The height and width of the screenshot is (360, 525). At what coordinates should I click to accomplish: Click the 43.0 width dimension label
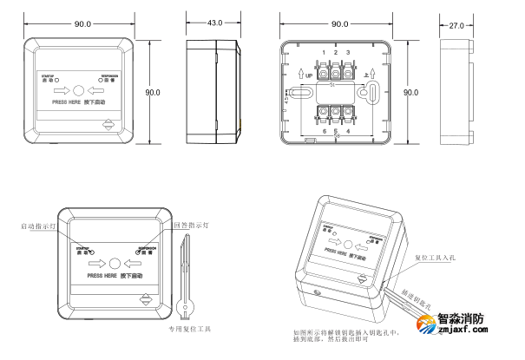coord(213,23)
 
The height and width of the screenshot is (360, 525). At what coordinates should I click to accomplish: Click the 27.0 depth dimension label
coord(455,25)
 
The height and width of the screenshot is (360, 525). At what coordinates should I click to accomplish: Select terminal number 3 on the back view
coord(348,53)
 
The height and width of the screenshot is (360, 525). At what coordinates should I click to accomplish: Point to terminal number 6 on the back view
coord(324,131)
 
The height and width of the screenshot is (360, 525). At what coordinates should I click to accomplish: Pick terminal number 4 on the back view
coord(348,131)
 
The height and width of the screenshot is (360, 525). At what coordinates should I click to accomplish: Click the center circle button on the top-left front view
coord(79,90)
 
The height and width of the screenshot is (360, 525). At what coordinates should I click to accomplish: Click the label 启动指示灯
coord(38,226)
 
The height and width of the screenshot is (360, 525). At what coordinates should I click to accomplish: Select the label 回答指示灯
coord(192,225)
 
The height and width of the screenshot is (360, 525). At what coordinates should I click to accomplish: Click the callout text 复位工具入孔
coord(435,259)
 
